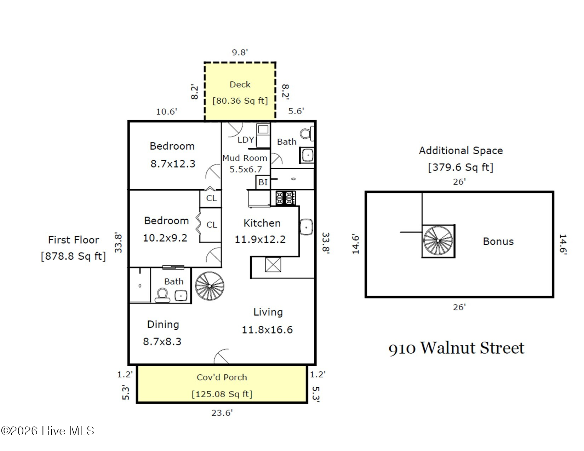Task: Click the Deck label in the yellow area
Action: click(x=240, y=85)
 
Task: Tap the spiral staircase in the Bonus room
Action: click(x=438, y=241)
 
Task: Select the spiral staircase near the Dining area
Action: click(x=210, y=286)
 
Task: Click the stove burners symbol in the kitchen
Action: click(x=285, y=198)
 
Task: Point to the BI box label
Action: click(x=263, y=182)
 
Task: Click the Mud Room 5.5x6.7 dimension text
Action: click(x=246, y=169)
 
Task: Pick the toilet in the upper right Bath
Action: click(x=307, y=134)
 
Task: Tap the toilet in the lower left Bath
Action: click(x=162, y=295)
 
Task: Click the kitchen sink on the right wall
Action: click(x=306, y=227)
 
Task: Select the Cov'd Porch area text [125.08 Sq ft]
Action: click(x=222, y=394)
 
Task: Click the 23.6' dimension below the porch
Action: click(x=222, y=413)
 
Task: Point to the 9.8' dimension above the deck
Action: click(x=240, y=52)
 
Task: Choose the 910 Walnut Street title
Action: click(x=456, y=348)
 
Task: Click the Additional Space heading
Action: click(x=461, y=151)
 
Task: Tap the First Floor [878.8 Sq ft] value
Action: click(x=74, y=256)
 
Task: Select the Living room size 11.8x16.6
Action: click(x=267, y=330)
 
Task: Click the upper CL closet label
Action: click(x=211, y=198)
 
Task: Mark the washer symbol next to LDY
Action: click(x=263, y=129)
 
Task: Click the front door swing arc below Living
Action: click(x=222, y=357)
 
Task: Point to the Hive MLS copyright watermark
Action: click(x=48, y=430)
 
